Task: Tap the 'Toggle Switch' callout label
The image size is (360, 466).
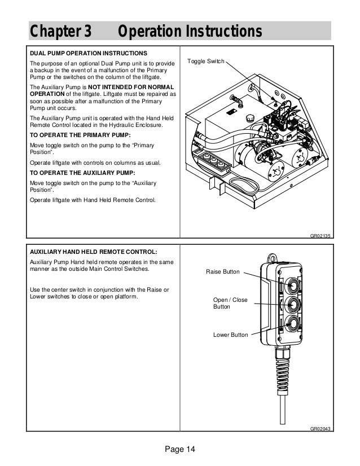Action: tap(206, 60)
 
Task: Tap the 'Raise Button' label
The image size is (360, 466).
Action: tap(223, 272)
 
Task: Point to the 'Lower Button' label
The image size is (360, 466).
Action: tap(230, 335)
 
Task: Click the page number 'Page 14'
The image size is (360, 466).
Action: tap(179, 449)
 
